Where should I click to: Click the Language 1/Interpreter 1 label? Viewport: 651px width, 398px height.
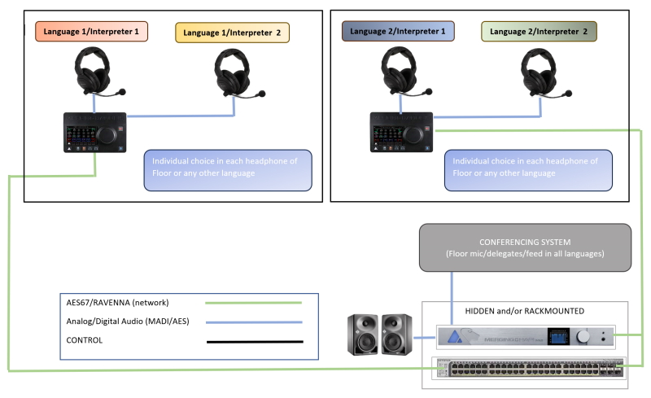coord(91,33)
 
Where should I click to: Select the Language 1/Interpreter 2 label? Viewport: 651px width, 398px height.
coord(232,33)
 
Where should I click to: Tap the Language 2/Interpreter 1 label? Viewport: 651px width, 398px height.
coord(398,32)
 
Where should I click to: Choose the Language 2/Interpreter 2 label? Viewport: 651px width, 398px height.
coord(539,32)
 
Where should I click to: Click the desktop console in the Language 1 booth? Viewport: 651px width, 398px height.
coord(95,132)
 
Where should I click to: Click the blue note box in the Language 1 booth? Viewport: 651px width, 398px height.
coord(227,169)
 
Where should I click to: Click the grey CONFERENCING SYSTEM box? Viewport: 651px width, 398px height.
coord(526,247)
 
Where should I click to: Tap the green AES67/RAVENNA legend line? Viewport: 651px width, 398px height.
coord(253,303)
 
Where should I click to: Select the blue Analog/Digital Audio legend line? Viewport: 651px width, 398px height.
coord(253,321)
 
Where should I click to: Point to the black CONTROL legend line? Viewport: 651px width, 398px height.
coord(253,342)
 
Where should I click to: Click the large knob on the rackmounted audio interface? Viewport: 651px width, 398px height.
coord(583,335)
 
